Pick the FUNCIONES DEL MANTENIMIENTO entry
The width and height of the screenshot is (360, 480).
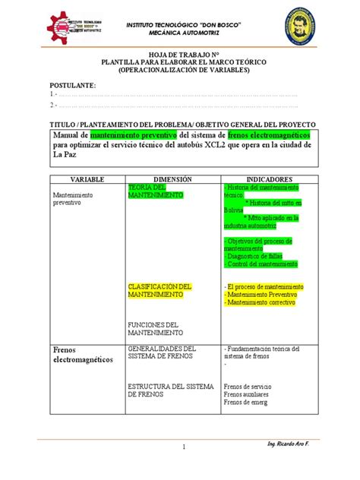point(155,329)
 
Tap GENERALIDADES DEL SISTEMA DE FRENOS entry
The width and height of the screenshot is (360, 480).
point(163,352)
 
